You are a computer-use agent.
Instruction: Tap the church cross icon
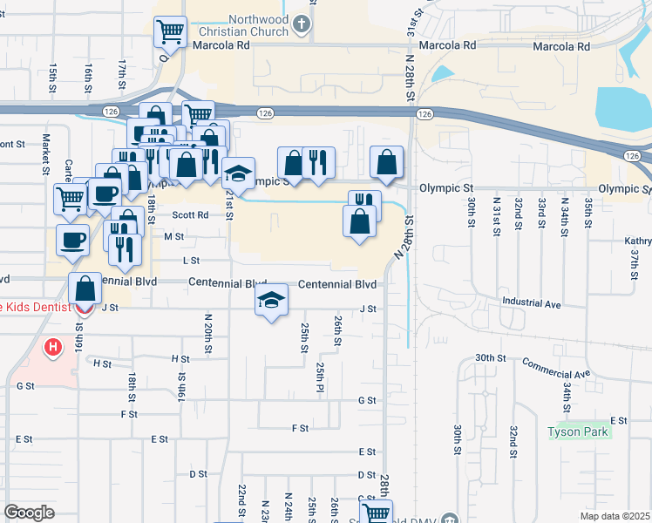pos(302,25)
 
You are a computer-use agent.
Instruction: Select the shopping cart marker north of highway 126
pos(171,32)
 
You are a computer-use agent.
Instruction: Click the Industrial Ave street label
pos(531,302)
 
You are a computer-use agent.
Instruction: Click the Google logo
pos(29,513)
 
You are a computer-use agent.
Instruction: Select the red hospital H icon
pos(54,348)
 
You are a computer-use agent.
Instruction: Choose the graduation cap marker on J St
pos(272,301)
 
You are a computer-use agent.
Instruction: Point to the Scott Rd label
pos(190,214)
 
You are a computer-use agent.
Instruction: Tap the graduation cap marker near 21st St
pos(238,173)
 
